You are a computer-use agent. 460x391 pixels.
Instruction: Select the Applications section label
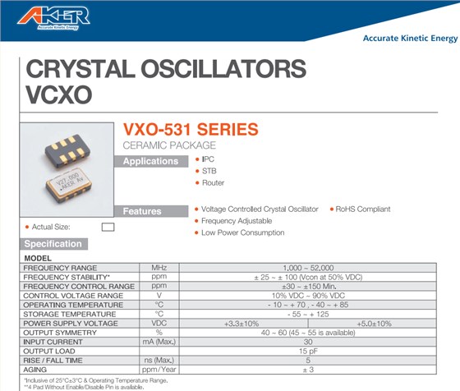(150, 161)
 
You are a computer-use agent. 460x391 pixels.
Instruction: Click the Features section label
(142, 211)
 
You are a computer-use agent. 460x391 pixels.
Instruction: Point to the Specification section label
(53, 244)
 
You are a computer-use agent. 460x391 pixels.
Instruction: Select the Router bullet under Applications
(213, 183)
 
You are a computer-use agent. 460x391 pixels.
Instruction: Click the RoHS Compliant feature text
(363, 209)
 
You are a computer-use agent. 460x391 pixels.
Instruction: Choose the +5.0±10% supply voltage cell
(374, 323)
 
